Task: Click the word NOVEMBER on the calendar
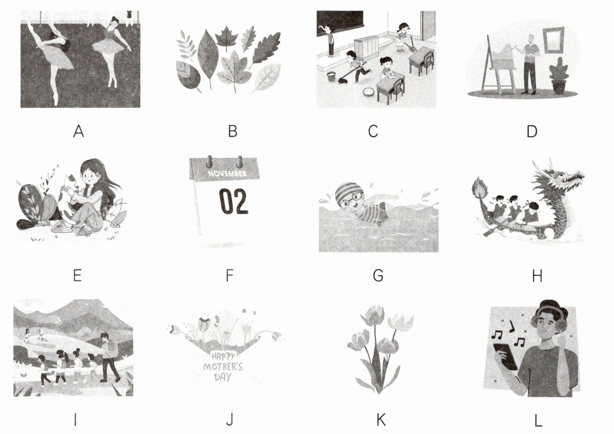coord(227,173)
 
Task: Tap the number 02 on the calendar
coord(234,201)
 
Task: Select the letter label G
coord(378,275)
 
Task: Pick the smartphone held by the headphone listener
coord(505,357)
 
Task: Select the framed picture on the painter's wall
coord(554,40)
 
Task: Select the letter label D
coord(532,131)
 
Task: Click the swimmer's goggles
coord(350,198)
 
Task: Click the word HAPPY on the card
coord(223,356)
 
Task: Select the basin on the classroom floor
coord(369,92)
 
